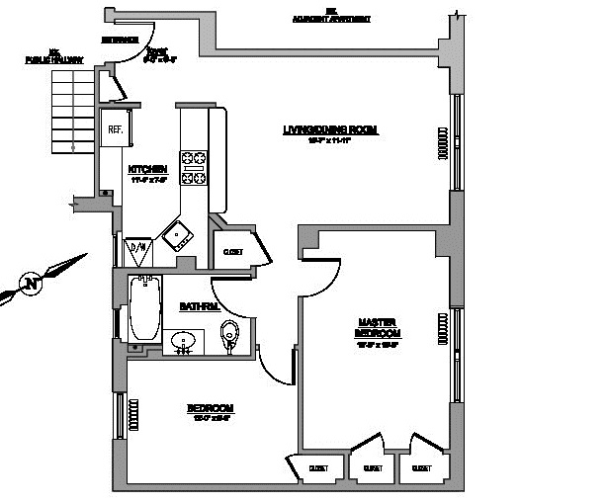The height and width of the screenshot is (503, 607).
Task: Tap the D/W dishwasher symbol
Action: coord(137,248)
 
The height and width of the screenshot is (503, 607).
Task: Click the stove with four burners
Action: coord(192,167)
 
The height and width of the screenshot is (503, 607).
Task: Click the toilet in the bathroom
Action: coord(231,333)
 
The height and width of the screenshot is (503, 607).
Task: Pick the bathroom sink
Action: coord(183,341)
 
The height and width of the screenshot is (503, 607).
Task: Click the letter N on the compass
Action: coord(32,284)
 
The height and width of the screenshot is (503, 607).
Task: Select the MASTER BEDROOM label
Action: coord(377,328)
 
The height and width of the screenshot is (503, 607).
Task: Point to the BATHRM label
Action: coord(198,307)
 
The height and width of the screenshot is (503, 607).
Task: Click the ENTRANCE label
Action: coord(119,40)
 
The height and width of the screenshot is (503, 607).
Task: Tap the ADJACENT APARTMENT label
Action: coord(333,18)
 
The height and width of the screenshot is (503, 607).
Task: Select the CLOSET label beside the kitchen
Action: coord(232,252)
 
